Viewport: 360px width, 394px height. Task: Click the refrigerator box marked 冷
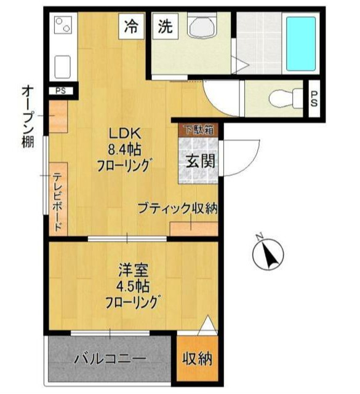pyautogui.click(x=130, y=27)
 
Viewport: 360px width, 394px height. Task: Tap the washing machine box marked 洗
pyautogui.click(x=165, y=27)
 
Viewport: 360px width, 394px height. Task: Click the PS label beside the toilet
pyautogui.click(x=313, y=98)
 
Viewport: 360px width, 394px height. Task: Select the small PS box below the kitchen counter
pyautogui.click(x=61, y=91)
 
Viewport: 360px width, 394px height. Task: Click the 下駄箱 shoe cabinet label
pyautogui.click(x=197, y=130)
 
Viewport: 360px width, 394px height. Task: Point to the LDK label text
pyautogui.click(x=125, y=133)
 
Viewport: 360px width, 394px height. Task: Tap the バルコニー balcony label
pyautogui.click(x=110, y=359)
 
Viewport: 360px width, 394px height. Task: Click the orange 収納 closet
pyautogui.click(x=197, y=359)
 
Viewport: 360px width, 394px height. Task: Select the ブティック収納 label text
pyautogui.click(x=177, y=208)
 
